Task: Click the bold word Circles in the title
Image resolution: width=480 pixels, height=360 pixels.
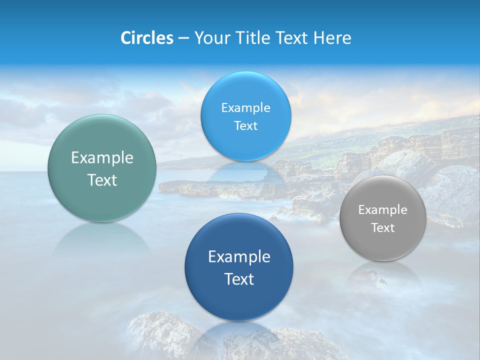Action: point(147,38)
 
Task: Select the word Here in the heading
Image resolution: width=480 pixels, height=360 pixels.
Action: point(332,38)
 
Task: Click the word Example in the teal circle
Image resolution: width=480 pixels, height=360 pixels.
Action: point(102,158)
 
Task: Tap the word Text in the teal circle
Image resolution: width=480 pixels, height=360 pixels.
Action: point(102,180)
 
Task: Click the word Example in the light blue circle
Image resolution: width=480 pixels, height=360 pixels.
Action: point(245,108)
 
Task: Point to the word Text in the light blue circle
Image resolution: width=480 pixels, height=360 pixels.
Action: point(245,126)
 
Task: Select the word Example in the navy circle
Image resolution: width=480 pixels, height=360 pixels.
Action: point(239,257)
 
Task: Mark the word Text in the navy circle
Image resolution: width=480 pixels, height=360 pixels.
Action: point(239,279)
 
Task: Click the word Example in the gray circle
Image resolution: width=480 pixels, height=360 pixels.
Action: point(383,210)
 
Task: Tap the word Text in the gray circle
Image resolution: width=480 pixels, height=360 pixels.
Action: point(383,228)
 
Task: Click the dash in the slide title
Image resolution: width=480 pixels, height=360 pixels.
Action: point(183,38)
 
